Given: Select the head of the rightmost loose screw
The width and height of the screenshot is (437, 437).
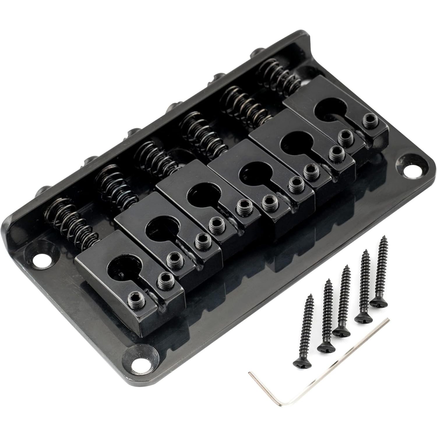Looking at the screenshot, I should (x=379, y=302).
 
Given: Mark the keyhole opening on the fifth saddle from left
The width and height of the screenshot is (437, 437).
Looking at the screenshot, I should (x=291, y=143).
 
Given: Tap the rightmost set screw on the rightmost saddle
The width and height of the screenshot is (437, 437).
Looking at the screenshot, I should (x=370, y=119).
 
